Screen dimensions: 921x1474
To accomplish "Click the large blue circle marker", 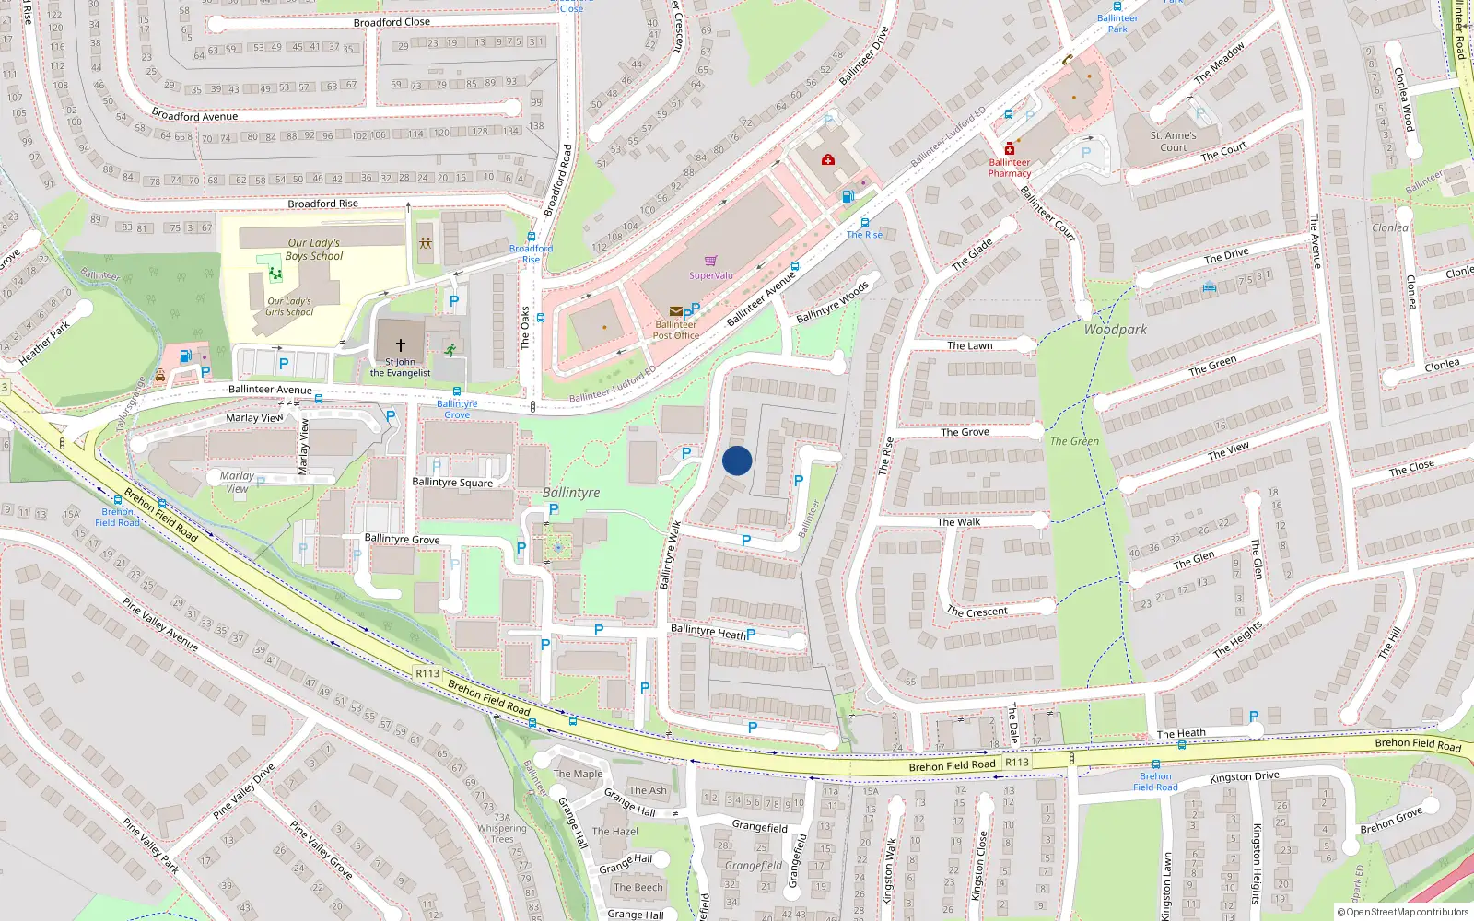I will coord(737,460).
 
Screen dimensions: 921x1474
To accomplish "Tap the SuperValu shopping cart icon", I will coord(710,262).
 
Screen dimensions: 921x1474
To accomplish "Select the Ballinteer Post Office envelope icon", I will coord(676,311).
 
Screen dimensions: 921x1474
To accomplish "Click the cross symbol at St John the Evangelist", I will coord(401,344).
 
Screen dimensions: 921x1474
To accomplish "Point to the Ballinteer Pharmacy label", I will coord(1010,168).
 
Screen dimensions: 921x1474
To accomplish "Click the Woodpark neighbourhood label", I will coord(1116,329).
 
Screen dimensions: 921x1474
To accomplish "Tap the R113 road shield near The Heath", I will coord(1017,763).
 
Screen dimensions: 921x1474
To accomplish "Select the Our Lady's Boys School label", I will coord(313,250).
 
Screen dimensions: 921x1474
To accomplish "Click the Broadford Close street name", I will coord(392,22).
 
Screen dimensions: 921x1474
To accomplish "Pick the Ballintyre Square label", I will coord(452,482).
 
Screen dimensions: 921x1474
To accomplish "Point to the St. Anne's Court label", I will coord(1174,141).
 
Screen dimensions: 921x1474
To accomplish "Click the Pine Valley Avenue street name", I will coord(160,624).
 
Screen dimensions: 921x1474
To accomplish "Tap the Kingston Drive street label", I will coord(1244,777).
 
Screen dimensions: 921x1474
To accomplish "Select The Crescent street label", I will coord(977,612).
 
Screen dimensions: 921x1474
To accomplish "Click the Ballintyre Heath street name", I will coord(708,632).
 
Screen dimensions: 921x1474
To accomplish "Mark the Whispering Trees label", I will coord(502,834).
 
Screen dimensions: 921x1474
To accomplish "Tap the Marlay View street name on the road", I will coord(254,417).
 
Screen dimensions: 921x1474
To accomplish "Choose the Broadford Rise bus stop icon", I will coord(532,237).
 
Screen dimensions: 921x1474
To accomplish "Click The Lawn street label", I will coord(970,345).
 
